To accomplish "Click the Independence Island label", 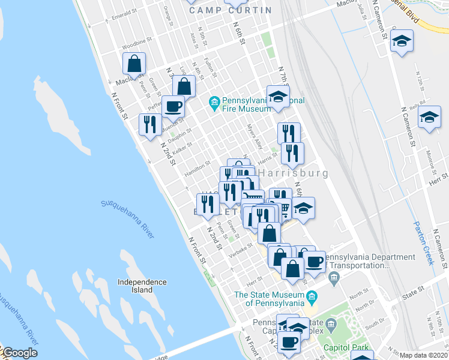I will (142, 286).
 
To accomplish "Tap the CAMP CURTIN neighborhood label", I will (230, 10).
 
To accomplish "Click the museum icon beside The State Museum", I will (312, 296).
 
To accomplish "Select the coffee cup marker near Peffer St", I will (173, 107).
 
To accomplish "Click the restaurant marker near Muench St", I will (149, 125).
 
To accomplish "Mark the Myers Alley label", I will (255, 137).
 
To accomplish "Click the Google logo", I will (20, 353).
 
